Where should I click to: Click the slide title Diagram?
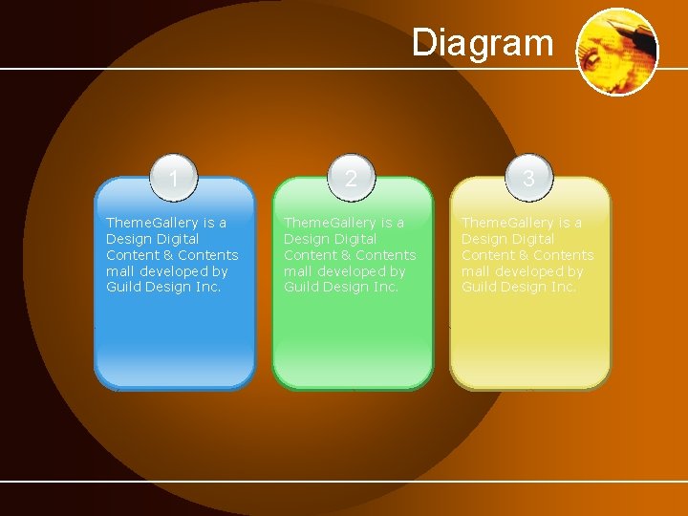click(483, 43)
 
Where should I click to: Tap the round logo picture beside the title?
click(618, 52)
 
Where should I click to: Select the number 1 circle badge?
click(174, 179)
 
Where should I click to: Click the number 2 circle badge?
click(352, 179)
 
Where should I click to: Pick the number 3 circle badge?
click(528, 179)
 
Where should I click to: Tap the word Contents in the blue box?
click(207, 255)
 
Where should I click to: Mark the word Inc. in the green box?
click(384, 287)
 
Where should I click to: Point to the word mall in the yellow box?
click(475, 271)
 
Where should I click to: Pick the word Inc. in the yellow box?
click(562, 287)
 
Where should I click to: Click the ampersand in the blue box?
click(165, 255)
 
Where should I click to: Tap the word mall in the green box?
click(297, 271)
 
